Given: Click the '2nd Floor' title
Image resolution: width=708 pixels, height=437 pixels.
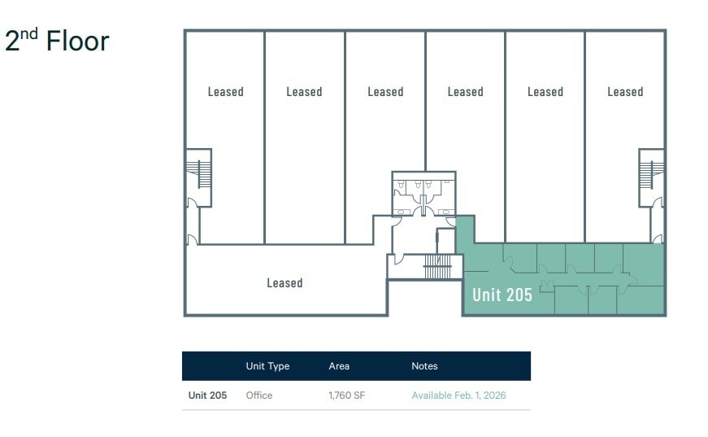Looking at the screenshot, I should click(x=57, y=41).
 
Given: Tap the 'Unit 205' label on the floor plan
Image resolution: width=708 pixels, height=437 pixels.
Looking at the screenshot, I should click(x=502, y=295).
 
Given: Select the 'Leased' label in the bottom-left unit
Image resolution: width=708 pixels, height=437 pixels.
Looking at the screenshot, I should click(x=285, y=283).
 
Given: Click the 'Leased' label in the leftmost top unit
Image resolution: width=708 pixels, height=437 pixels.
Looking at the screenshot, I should click(x=225, y=92).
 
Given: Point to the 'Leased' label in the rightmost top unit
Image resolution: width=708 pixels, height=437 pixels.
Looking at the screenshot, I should click(x=625, y=92).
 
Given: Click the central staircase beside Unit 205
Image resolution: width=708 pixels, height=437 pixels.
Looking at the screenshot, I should click(x=437, y=268).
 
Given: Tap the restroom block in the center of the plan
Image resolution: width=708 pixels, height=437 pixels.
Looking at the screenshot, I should click(x=423, y=193).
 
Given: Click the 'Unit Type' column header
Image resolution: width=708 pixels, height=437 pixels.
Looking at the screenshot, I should click(x=267, y=366).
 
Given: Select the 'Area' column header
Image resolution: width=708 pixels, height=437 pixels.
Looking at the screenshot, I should click(x=339, y=366).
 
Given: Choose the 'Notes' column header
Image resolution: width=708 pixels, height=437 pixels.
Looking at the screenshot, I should click(x=424, y=366).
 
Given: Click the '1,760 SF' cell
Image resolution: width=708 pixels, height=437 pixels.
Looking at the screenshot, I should click(x=346, y=395).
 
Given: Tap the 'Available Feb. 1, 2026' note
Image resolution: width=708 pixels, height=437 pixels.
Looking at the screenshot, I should click(x=458, y=395).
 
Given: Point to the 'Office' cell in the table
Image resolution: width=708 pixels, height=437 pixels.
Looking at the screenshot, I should click(x=259, y=395).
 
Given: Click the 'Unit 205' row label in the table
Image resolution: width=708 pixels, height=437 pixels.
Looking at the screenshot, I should click(x=207, y=395).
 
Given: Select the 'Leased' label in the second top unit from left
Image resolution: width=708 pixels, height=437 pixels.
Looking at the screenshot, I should click(x=304, y=92).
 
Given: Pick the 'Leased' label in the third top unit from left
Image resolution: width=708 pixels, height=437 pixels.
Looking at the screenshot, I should click(x=385, y=92).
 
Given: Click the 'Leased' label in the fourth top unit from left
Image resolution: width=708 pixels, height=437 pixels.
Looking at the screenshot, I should click(x=465, y=92).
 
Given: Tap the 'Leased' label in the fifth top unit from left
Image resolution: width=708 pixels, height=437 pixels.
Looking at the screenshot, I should click(x=545, y=92).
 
